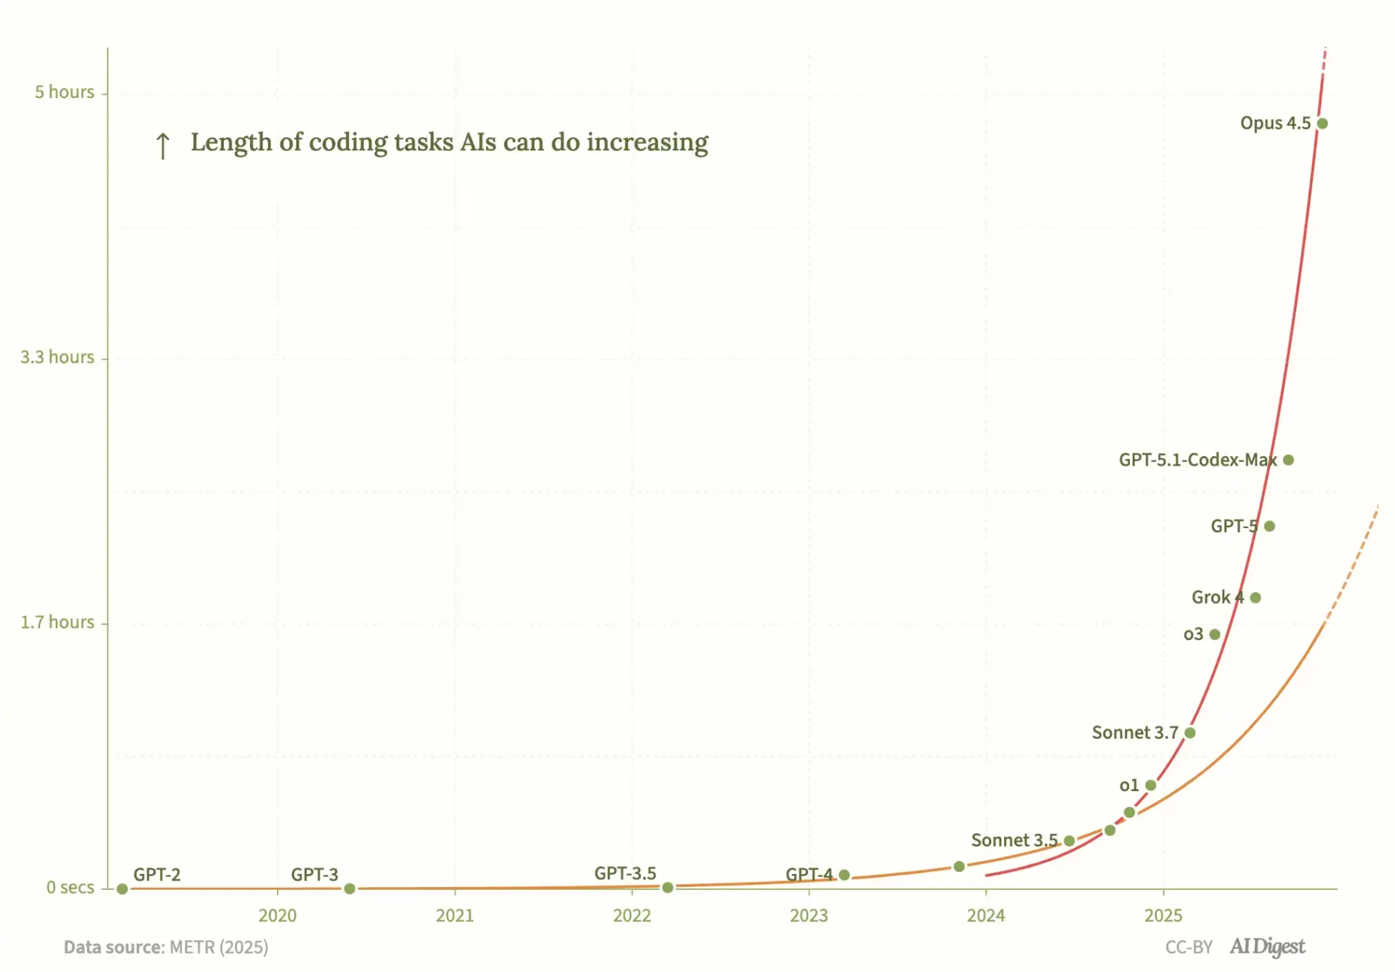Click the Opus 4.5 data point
pyautogui.click(x=1322, y=123)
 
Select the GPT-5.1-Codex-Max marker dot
pyautogui.click(x=1288, y=460)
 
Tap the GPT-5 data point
pyautogui.click(x=1269, y=526)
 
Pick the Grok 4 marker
pyautogui.click(x=1255, y=598)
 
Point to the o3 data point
pyautogui.click(x=1215, y=634)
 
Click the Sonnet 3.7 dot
pyautogui.click(x=1190, y=733)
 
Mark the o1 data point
pyautogui.click(x=1151, y=785)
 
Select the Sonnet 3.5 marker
pyautogui.click(x=1069, y=841)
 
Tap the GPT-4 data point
pyautogui.click(x=844, y=875)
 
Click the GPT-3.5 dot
pyautogui.click(x=668, y=888)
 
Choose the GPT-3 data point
pyautogui.click(x=349, y=888)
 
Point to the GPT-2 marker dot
pyautogui.click(x=122, y=889)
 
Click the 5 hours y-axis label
pyautogui.click(x=65, y=92)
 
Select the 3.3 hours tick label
pyautogui.click(x=57, y=357)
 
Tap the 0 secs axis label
pyautogui.click(x=70, y=888)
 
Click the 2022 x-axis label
pyautogui.click(x=631, y=915)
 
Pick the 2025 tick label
pyautogui.click(x=1163, y=915)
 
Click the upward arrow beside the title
pyautogui.click(x=163, y=145)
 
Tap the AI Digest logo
pyautogui.click(x=1267, y=947)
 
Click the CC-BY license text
pyautogui.click(x=1189, y=947)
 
